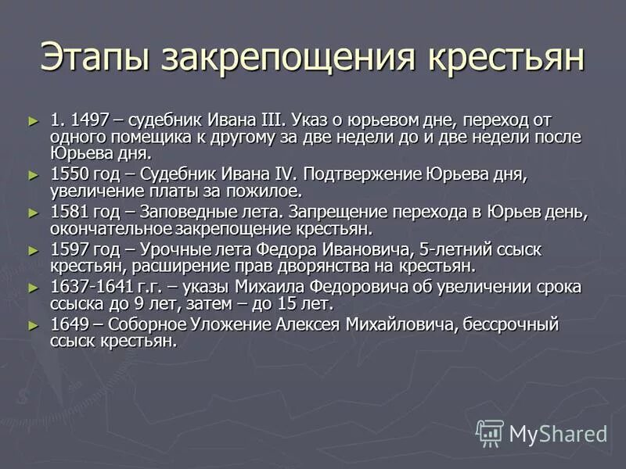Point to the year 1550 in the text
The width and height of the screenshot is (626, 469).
click(68, 174)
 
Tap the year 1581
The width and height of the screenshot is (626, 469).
click(68, 212)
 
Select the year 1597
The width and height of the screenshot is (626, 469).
click(68, 250)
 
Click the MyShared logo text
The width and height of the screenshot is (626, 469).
click(557, 433)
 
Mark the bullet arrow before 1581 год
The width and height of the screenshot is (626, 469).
click(33, 212)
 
